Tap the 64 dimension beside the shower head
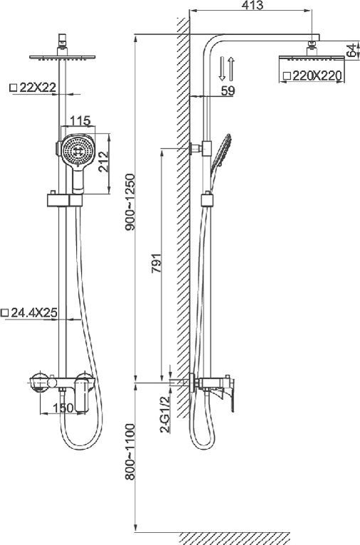[351, 51]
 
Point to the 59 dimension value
[228, 90]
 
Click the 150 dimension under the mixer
[65, 407]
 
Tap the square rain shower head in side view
[312, 56]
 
